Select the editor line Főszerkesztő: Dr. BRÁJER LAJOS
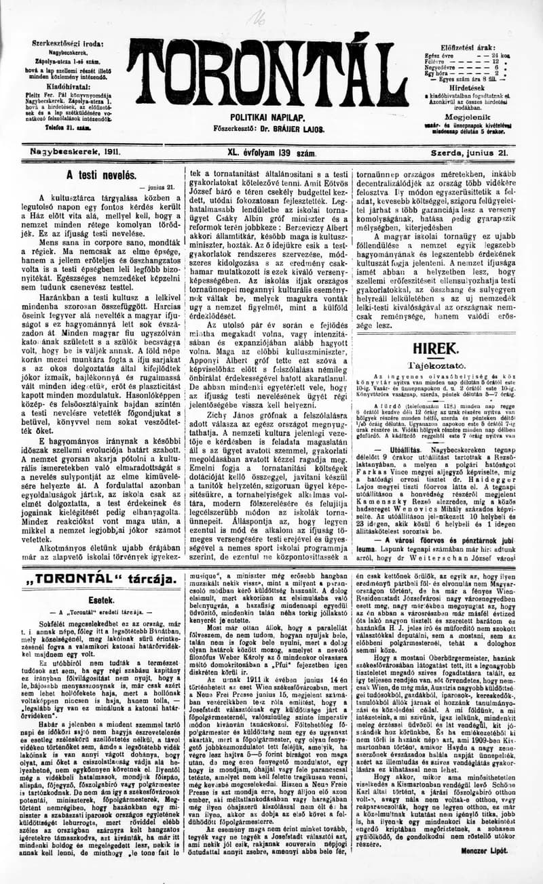pyautogui.click(x=269, y=129)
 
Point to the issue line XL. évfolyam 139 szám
pyautogui.click(x=271, y=154)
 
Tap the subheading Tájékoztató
pyautogui.click(x=442, y=363)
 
